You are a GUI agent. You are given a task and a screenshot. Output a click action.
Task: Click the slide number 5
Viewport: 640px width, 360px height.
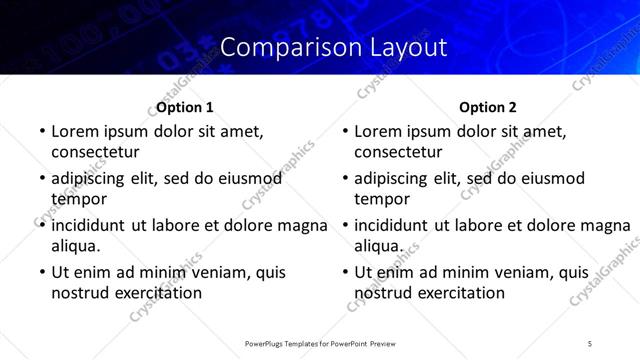point(590,343)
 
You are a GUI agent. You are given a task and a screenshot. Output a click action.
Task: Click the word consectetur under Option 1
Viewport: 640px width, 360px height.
point(95,152)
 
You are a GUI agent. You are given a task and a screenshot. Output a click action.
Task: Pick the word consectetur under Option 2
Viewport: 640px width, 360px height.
point(398,152)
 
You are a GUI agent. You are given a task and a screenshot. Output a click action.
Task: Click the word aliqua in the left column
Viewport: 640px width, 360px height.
point(75,245)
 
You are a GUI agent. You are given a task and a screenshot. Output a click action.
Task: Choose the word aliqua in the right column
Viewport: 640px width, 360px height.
point(378,245)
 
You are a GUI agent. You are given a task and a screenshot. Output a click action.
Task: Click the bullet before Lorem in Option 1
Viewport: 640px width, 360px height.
point(41,131)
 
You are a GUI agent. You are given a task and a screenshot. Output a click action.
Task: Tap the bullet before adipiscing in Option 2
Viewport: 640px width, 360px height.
point(344,178)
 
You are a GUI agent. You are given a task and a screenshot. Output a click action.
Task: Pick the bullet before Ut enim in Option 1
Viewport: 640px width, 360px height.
point(41,272)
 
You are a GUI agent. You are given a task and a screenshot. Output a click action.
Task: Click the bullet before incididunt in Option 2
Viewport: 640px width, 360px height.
point(344,225)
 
